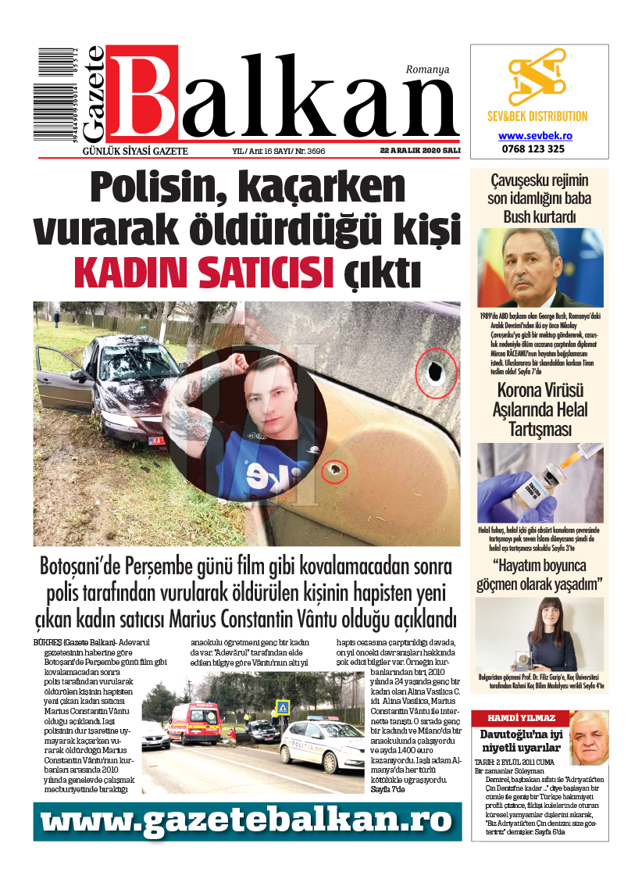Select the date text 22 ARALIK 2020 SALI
click(x=419, y=150)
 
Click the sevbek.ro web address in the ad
click(x=536, y=135)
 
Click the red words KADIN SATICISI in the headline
click(x=199, y=272)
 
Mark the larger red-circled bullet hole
click(x=435, y=373)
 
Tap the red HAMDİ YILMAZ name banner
click(x=521, y=717)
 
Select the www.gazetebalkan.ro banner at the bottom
click(x=244, y=820)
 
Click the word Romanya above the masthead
click(x=427, y=69)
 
